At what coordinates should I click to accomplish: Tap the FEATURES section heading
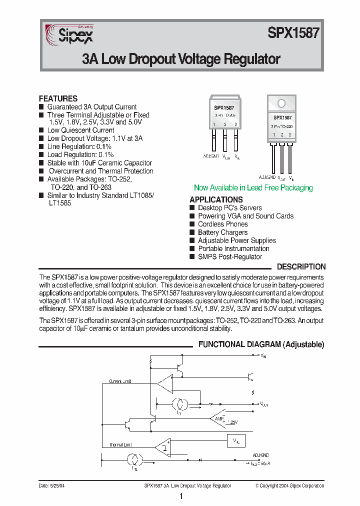pyautogui.click(x=58, y=98)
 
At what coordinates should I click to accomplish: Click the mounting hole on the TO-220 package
pyautogui.click(x=281, y=103)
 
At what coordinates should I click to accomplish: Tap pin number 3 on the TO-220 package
pyautogui.click(x=289, y=135)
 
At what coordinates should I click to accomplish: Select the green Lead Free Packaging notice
pyautogui.click(x=253, y=188)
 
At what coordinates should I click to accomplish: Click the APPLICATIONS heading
pyautogui.click(x=216, y=199)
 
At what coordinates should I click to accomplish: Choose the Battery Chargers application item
pyautogui.click(x=222, y=232)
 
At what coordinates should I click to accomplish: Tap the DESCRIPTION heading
pyautogui.click(x=301, y=267)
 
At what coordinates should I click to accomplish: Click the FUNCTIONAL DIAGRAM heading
pyautogui.click(x=261, y=344)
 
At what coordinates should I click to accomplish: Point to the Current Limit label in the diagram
pyautogui.click(x=120, y=381)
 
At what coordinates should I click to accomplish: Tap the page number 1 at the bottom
pyautogui.click(x=180, y=496)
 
